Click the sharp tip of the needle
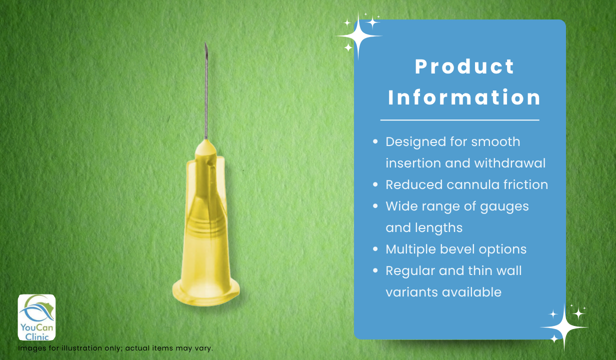click(x=205, y=43)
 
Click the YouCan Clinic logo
click(x=36, y=317)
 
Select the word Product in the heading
click(x=464, y=67)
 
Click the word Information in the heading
click(x=464, y=97)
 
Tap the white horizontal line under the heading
click(x=460, y=120)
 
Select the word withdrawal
click(x=510, y=163)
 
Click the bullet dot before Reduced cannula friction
click(x=375, y=184)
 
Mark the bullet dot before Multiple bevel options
click(x=375, y=249)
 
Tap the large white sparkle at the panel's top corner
click(x=358, y=36)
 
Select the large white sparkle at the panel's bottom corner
click(x=564, y=327)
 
